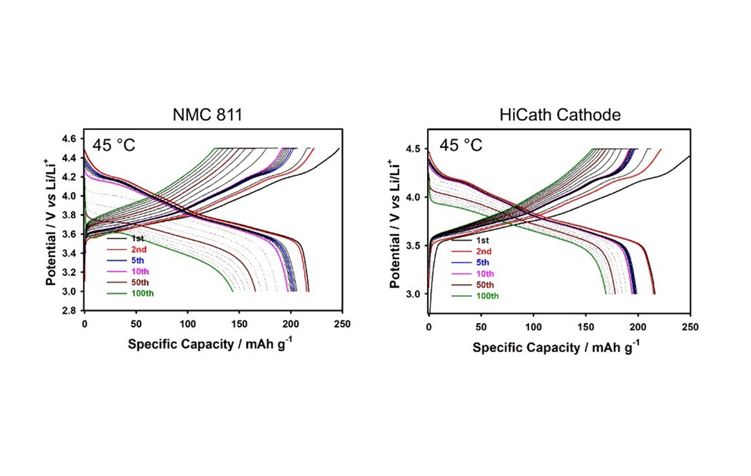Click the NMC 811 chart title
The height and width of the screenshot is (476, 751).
coord(207,115)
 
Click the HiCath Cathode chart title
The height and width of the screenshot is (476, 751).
coord(560,115)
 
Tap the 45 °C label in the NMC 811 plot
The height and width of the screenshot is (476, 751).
coord(113,145)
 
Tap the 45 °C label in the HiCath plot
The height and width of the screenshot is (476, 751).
coord(460,145)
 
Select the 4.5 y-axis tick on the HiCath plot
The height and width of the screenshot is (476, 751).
coord(416,149)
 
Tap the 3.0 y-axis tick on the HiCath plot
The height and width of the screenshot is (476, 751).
coord(416,295)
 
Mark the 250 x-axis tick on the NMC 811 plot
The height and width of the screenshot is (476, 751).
coord(341,324)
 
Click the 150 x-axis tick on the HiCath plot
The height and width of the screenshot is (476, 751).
coord(586,327)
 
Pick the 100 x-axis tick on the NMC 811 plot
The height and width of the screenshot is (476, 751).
coord(187,324)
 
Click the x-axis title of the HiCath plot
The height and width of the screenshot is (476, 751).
coord(556,347)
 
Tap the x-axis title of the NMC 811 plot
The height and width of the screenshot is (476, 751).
coord(210,345)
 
